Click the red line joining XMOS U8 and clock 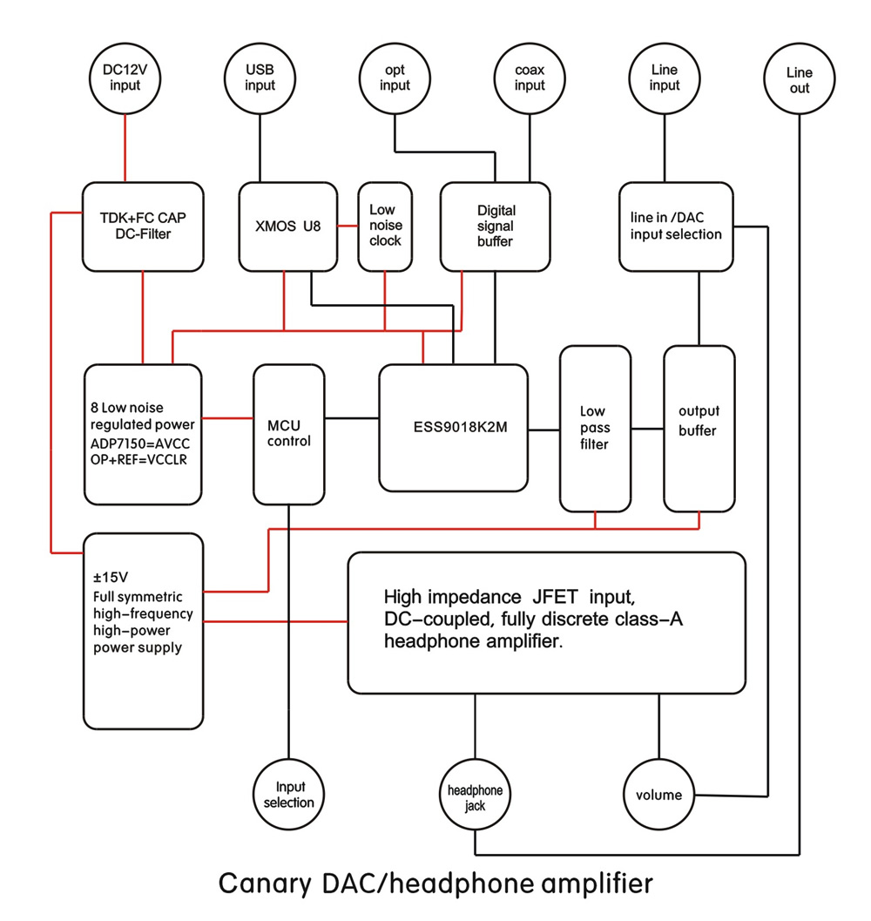pos(348,226)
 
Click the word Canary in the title pos(265,884)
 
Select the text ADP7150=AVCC pos(139,444)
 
